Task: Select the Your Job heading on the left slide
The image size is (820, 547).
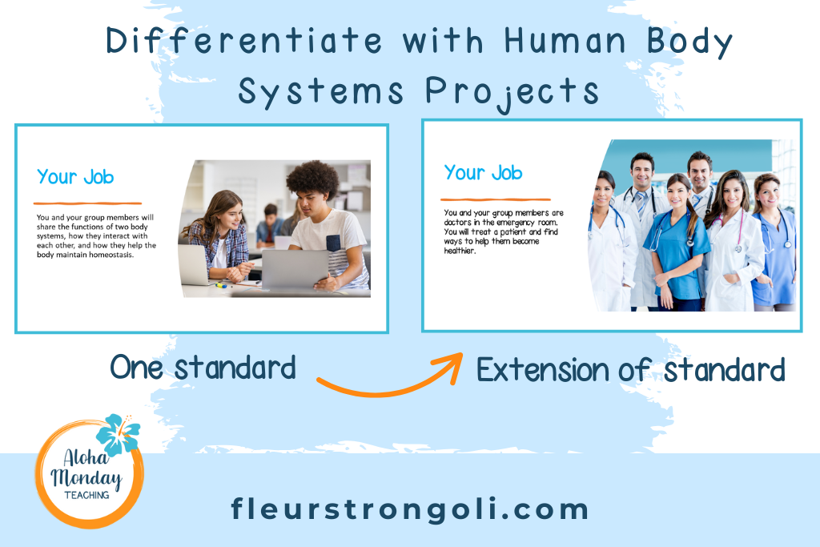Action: [75, 177]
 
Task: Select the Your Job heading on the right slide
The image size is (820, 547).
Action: [483, 172]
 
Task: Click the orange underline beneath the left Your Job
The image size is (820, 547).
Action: [87, 203]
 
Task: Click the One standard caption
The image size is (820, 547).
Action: [203, 368]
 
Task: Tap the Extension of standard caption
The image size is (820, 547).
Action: [630, 370]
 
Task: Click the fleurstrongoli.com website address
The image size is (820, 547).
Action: [409, 509]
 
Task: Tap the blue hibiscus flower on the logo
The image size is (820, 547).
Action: [118, 435]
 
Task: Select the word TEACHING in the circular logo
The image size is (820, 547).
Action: [87, 497]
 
